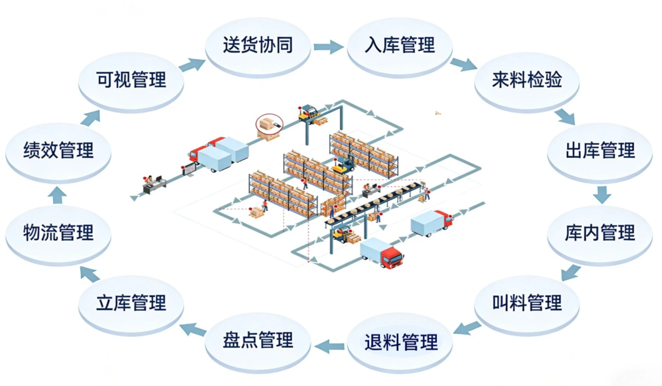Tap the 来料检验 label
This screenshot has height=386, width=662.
tap(527, 80)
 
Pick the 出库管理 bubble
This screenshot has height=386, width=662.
tap(600, 151)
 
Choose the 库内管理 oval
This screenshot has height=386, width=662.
tap(600, 233)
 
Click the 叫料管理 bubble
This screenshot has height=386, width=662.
tap(527, 303)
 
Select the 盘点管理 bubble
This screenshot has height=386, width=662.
tap(258, 340)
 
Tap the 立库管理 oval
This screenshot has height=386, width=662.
tap(131, 303)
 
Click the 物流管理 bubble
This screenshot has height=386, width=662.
tap(58, 233)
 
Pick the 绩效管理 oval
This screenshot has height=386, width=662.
tap(58, 151)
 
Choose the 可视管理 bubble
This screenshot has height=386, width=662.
tap(131, 80)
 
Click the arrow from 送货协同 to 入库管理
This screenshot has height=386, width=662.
tap(328, 47)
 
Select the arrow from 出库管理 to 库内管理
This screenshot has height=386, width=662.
tap(602, 195)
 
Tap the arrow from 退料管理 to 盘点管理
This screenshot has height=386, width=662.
tap(330, 346)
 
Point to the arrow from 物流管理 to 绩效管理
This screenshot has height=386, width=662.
tap(57, 195)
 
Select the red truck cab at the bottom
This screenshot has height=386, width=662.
tap(392, 258)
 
